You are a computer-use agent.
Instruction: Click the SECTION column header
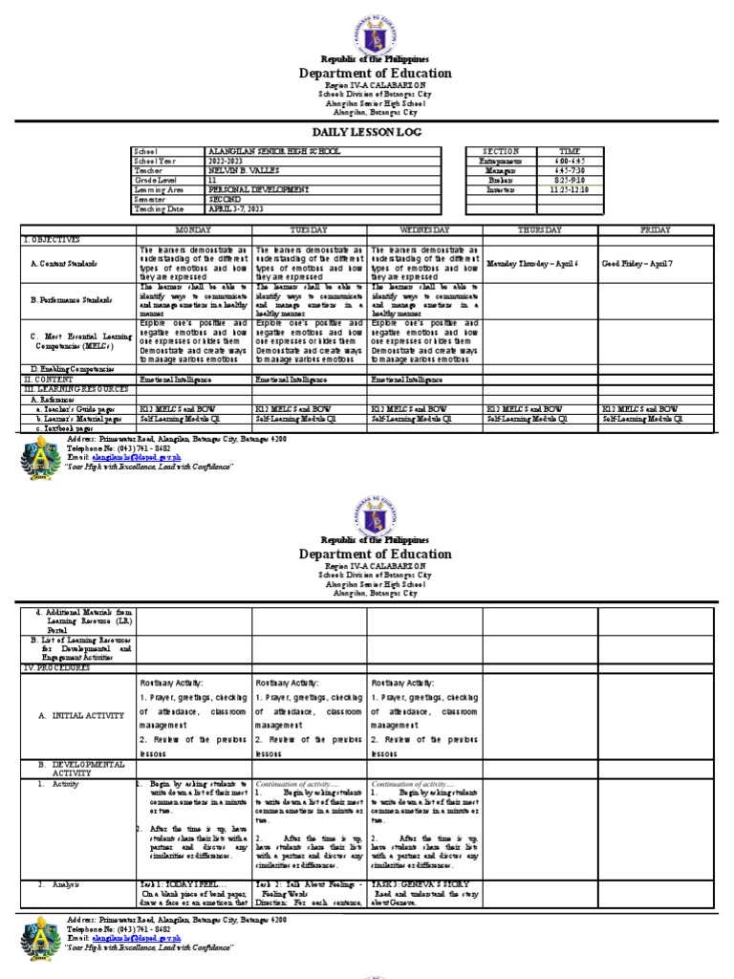tap(501, 151)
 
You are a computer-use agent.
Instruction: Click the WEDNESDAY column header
tap(424, 230)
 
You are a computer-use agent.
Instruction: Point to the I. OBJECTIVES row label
tap(53, 239)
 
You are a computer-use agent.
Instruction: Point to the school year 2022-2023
tap(227, 159)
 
